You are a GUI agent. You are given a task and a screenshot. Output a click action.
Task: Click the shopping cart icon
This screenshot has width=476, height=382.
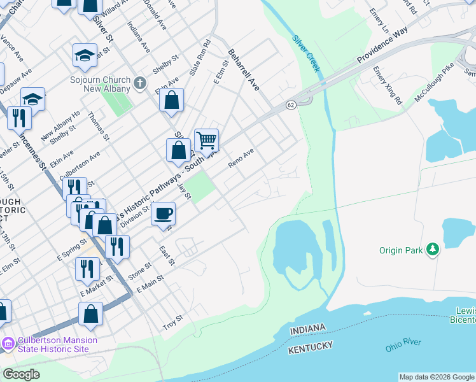pyautogui.click(x=206, y=140)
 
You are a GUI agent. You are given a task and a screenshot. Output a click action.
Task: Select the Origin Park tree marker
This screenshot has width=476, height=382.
pyautogui.click(x=433, y=250)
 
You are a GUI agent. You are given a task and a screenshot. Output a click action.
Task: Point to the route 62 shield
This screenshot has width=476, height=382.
pyautogui.click(x=291, y=104)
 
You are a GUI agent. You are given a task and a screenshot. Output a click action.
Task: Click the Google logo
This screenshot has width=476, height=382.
pyautogui.click(x=22, y=374)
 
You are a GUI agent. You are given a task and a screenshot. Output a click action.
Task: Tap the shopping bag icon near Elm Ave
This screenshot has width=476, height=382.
pyautogui.click(x=171, y=100)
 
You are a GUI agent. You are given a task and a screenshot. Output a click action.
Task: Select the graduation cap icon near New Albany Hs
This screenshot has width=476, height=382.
pyautogui.click(x=33, y=99)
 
